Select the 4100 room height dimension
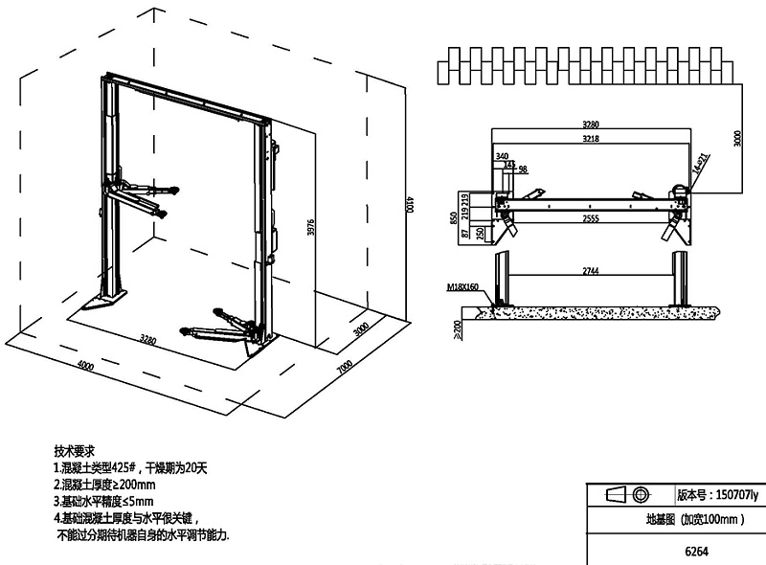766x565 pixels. tap(409, 203)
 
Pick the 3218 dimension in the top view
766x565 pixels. tap(590, 140)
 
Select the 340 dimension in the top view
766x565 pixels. tap(502, 155)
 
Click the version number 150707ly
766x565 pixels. tap(717, 495)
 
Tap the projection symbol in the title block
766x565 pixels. tap(626, 495)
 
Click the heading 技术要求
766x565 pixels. tap(76, 449)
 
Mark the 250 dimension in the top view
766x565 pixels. tap(479, 233)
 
